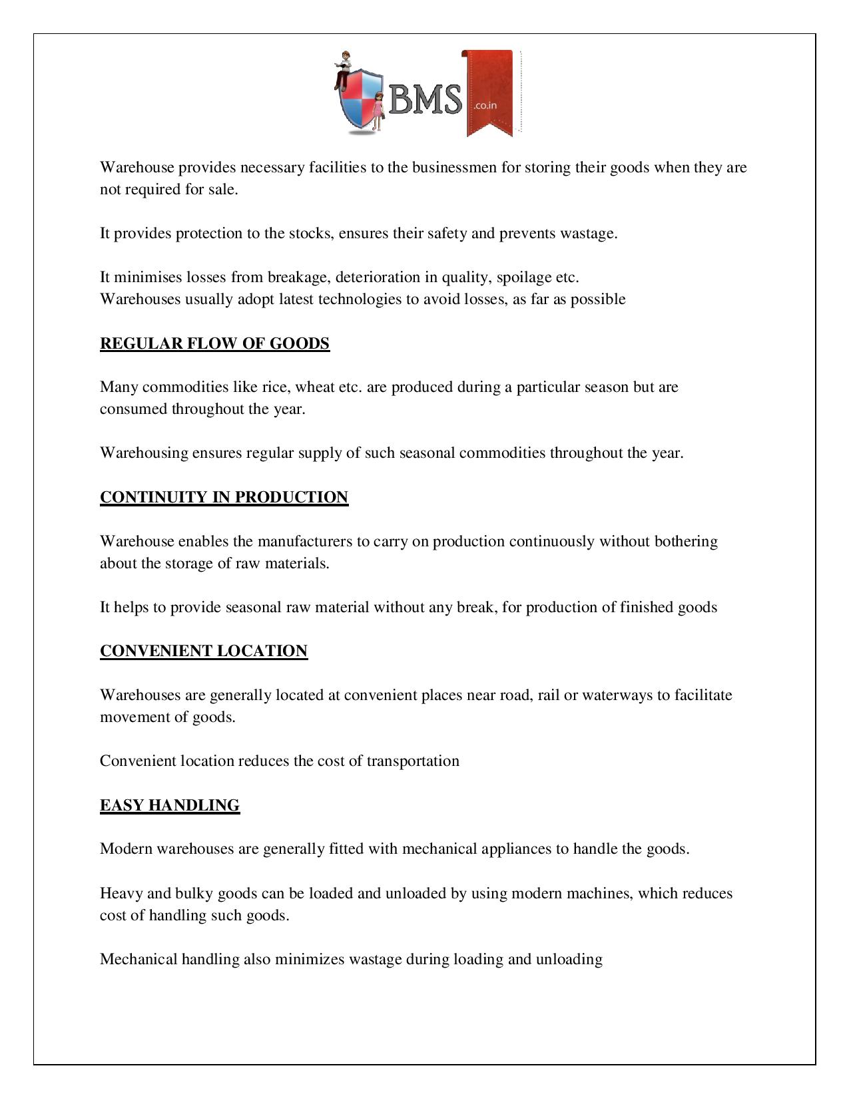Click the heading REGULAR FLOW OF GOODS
(x=214, y=343)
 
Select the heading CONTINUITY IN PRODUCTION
(x=224, y=497)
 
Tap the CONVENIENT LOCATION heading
(x=204, y=651)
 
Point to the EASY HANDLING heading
(x=170, y=805)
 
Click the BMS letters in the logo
(x=425, y=100)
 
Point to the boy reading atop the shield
(x=344, y=67)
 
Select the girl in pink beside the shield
(x=378, y=111)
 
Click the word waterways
(x=617, y=695)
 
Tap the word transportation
(x=413, y=761)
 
